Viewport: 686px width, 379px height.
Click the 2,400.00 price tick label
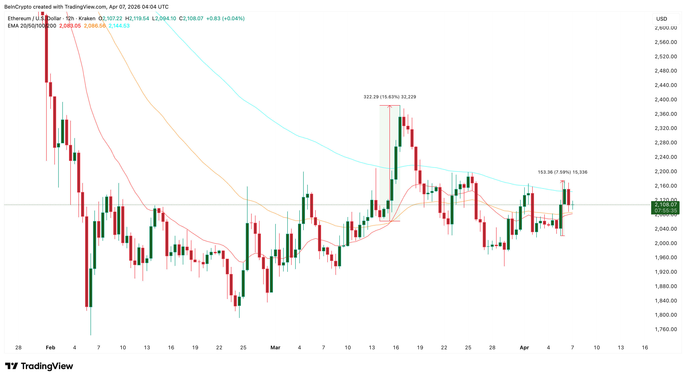pos(666,100)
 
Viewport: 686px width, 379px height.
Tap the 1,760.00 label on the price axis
pos(666,329)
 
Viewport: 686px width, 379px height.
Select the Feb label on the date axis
pos(50,347)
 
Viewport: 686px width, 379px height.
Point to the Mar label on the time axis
pos(275,347)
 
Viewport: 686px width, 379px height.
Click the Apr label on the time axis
pos(524,347)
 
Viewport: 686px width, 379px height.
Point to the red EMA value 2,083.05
pos(70,26)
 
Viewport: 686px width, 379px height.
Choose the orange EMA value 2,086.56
pos(95,26)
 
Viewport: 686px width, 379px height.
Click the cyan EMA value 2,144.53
pos(119,26)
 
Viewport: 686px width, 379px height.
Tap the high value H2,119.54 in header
pos(137,18)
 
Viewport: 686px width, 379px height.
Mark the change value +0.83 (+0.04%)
pos(225,18)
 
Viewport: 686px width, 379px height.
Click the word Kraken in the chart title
pos(87,18)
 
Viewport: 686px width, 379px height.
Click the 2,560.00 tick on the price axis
pos(666,42)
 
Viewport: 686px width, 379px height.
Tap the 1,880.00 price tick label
pos(666,286)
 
